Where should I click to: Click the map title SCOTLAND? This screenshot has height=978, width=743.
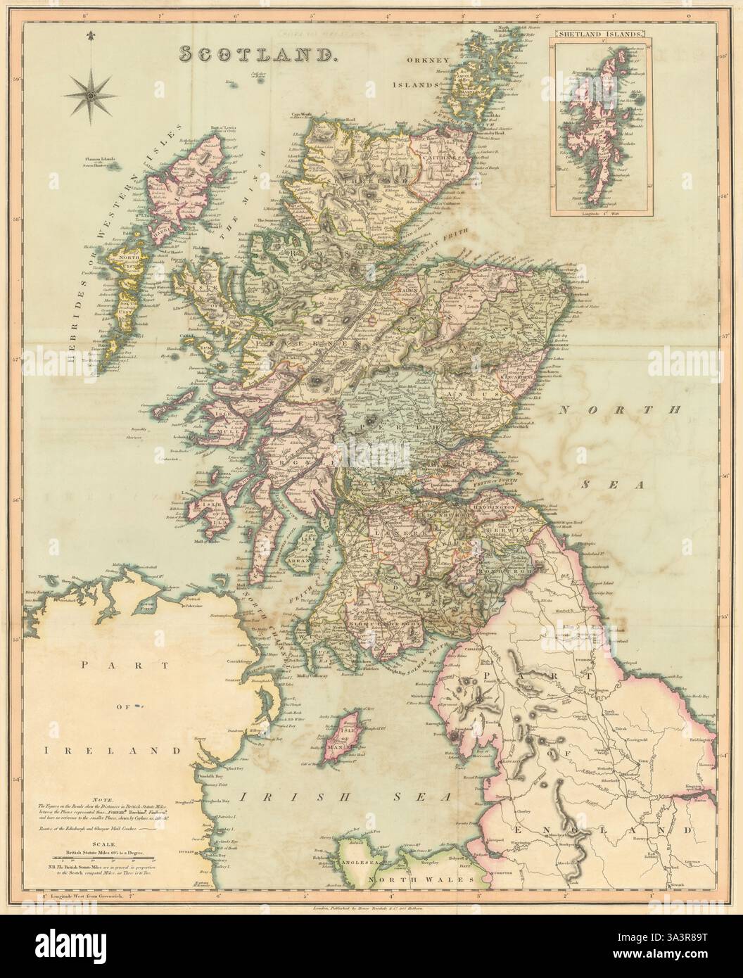[x=259, y=55]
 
